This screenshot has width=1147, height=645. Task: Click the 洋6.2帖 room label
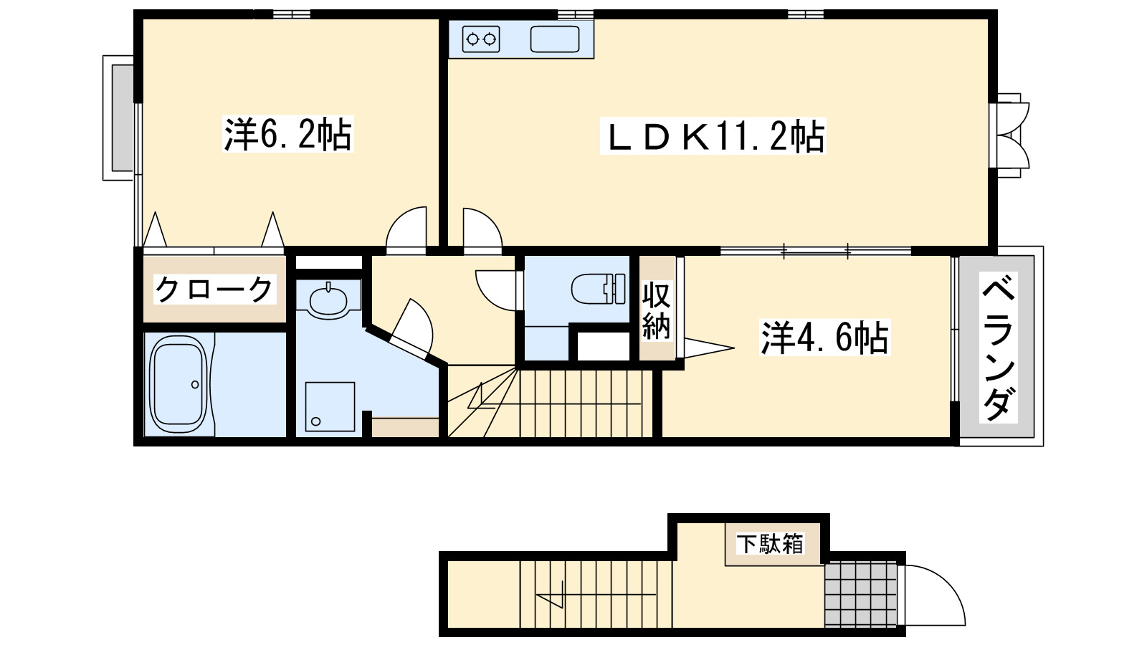coord(288,134)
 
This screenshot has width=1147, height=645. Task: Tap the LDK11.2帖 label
coord(713,136)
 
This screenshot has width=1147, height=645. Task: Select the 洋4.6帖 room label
coord(824,338)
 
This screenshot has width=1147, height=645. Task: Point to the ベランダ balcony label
coord(999,347)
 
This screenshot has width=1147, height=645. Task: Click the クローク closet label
coord(214,290)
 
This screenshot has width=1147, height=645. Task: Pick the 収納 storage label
coord(656,310)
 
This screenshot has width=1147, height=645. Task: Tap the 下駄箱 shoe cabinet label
coord(771,544)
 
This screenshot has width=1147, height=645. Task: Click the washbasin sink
coord(328,300)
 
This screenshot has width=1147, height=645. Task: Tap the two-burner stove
coord(481,39)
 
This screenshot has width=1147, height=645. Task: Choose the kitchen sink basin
coord(554,39)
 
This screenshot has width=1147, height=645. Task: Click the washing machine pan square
coord(330,407)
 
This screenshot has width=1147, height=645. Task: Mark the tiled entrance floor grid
coord(861,594)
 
